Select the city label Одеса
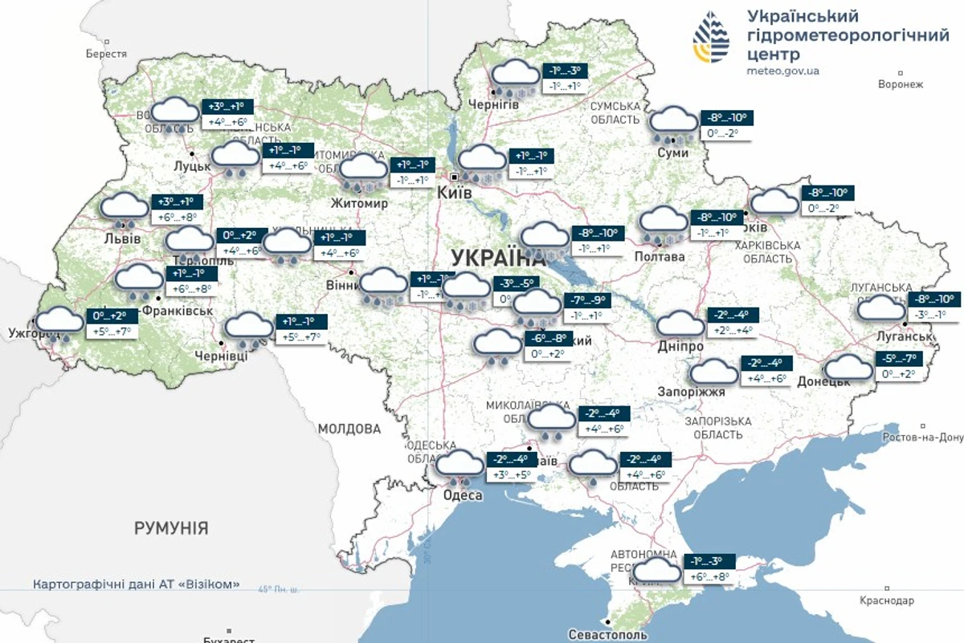pos(463,495)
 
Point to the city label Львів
pos(122,239)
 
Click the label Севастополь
pos(607,634)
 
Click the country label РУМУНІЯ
pos(171,528)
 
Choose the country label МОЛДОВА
pos(349,429)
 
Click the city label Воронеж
pos(901,84)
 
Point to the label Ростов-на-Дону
pos(921,437)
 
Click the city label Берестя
pos(106,54)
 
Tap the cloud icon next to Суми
pos(673,122)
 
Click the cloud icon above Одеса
pos(460,463)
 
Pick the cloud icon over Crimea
pos(658,571)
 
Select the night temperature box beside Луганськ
pos(933,299)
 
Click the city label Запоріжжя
pos(696,392)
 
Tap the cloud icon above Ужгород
pos(60,322)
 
